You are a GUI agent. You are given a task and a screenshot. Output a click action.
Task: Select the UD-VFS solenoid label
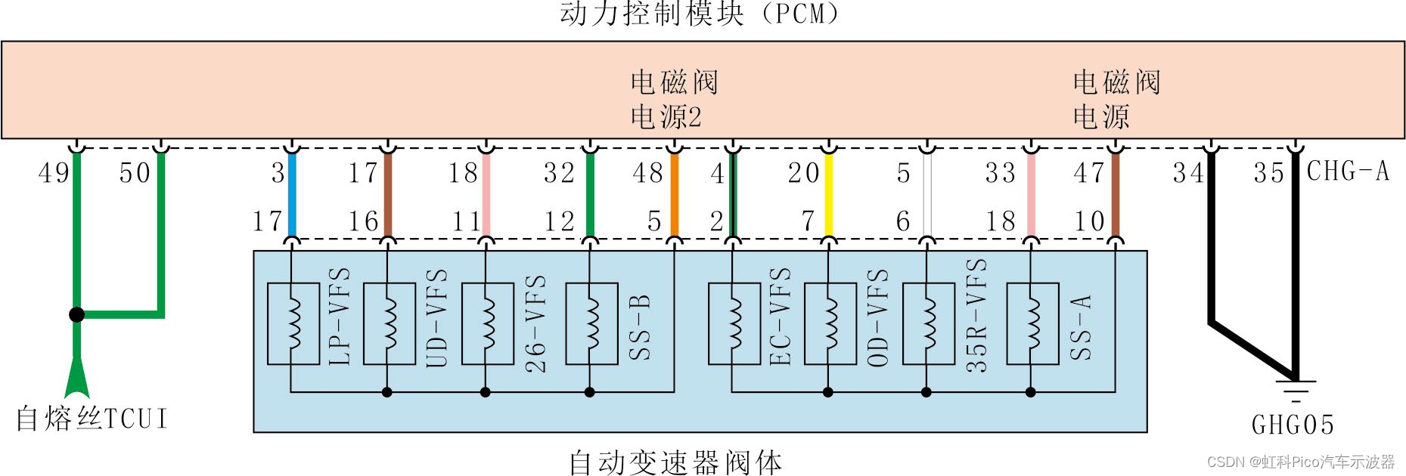437,318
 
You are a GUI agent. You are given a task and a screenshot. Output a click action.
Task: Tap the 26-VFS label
535,323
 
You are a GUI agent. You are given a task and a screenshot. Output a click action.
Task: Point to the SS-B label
640,326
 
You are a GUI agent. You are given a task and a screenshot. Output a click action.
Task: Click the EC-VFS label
780,317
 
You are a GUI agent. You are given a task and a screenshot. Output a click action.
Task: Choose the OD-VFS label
877,318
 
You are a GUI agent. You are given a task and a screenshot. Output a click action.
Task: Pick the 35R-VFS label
976,316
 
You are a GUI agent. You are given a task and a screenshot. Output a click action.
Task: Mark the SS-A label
1081,326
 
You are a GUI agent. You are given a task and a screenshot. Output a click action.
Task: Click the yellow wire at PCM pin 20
829,195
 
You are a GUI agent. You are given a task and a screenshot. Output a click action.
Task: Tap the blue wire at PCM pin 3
292,195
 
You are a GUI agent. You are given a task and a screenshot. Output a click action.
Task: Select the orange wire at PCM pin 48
675,195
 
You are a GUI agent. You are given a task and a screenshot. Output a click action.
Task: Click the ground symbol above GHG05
1295,388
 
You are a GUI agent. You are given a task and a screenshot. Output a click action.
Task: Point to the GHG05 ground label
1293,425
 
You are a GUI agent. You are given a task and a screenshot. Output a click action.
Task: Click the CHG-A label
1348,172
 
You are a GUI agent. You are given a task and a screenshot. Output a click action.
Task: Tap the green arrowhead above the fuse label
76,378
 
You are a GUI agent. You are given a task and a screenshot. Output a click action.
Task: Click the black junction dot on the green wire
76,314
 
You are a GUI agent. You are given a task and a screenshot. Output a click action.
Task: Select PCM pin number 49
54,173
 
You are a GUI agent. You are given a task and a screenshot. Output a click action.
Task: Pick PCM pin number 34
1188,173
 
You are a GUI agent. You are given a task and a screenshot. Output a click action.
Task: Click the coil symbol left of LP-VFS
293,324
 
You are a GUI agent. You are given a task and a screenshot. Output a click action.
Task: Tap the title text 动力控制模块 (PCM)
700,14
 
